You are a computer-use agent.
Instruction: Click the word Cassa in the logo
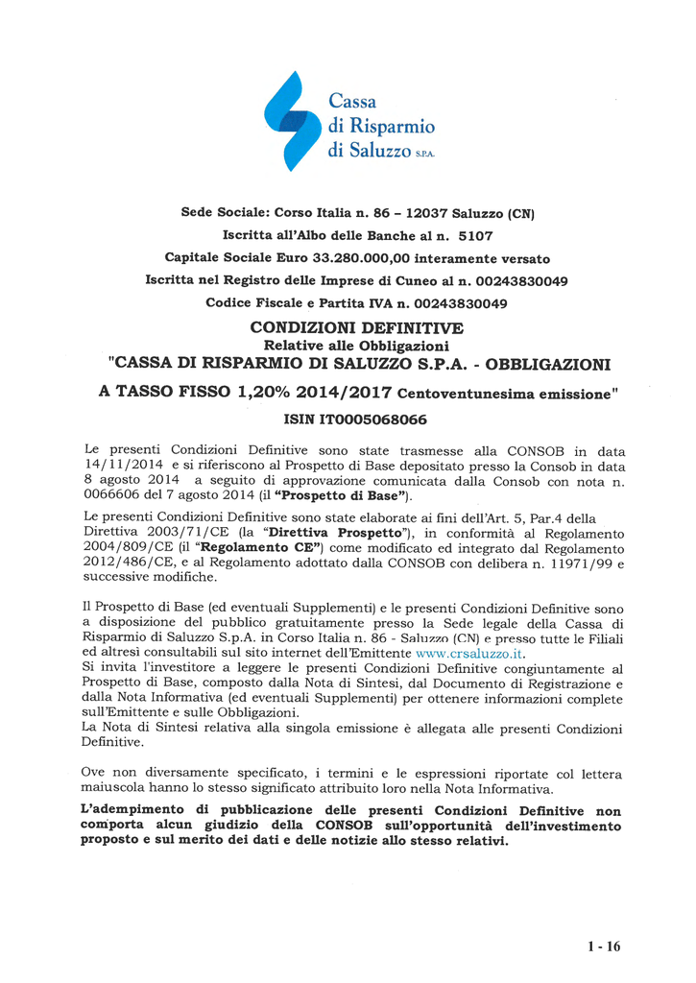click(x=352, y=101)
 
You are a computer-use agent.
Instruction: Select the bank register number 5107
click(x=474, y=234)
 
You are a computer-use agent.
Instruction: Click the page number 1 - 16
click(x=604, y=946)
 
